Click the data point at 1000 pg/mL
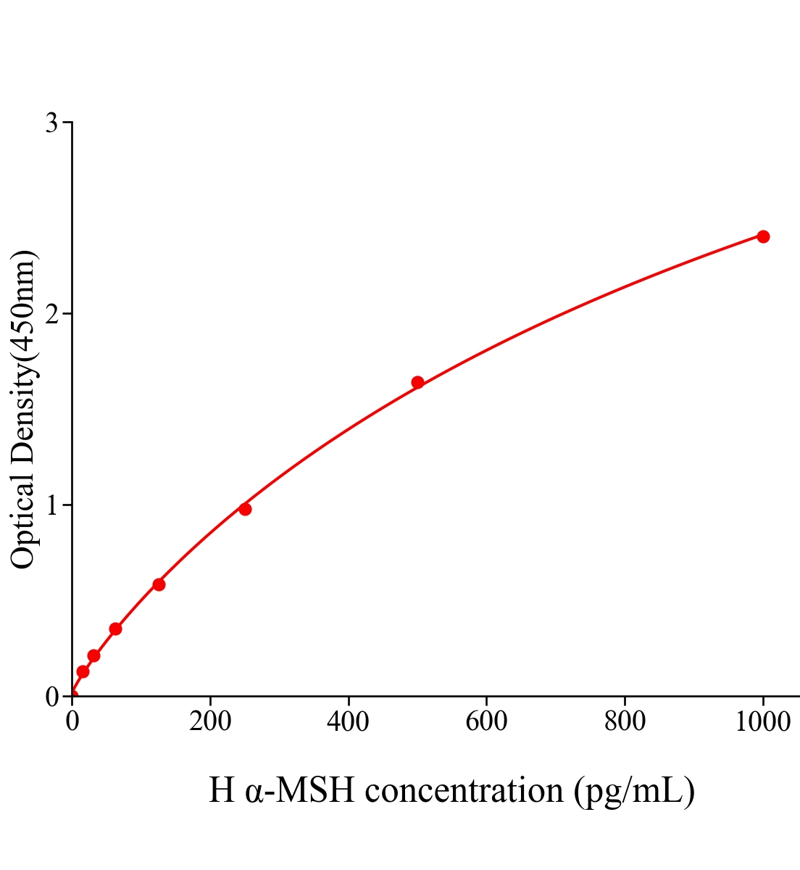tap(763, 236)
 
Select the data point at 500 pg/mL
tap(417, 382)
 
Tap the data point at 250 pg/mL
tap(245, 509)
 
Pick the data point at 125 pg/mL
tap(159, 584)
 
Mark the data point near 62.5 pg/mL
tap(115, 629)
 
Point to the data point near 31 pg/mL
tap(93, 655)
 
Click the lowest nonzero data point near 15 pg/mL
tap(83, 671)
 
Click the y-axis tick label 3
tap(51, 123)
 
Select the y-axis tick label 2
tap(51, 314)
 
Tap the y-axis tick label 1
tap(51, 505)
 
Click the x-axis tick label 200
tap(210, 722)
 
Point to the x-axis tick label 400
tap(348, 722)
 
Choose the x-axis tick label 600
tap(486, 722)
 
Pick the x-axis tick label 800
tap(625, 722)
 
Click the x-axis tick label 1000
tap(762, 722)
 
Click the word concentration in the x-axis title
tap(464, 790)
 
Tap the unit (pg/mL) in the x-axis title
tap(634, 790)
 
